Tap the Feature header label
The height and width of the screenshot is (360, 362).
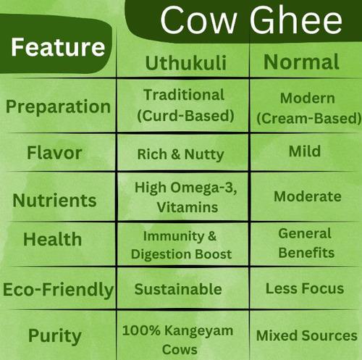[x=57, y=48]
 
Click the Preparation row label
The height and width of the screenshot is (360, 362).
[x=59, y=106]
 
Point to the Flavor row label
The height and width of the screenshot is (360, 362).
[x=54, y=154]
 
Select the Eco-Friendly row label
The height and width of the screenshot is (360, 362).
[x=58, y=290]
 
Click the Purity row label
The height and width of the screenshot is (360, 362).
[x=54, y=335]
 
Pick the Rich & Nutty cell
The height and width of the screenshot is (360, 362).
[x=180, y=154]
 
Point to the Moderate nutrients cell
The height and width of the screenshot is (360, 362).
[x=308, y=196]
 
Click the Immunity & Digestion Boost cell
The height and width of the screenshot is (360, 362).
[x=181, y=245]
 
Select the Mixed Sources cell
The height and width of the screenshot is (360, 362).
[x=307, y=336]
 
